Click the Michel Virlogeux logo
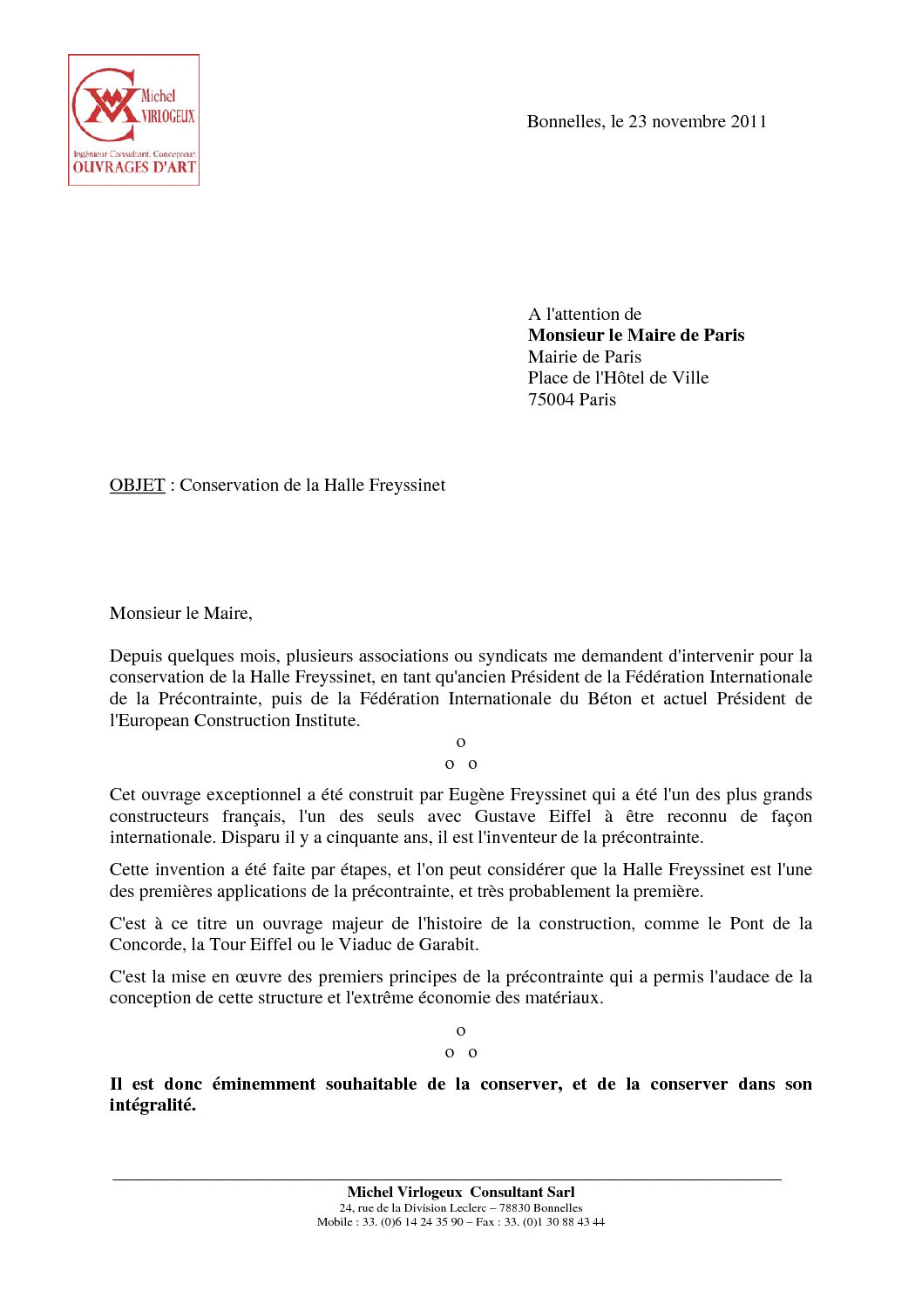point(133,119)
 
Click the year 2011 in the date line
point(749,122)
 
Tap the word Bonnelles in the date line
point(564,122)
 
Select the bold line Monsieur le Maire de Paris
point(636,336)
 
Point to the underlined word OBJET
point(137,486)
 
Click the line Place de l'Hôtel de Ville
point(618,378)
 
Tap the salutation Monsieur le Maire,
point(180,614)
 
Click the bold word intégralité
point(153,1105)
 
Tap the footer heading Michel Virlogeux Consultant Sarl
point(460,1193)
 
